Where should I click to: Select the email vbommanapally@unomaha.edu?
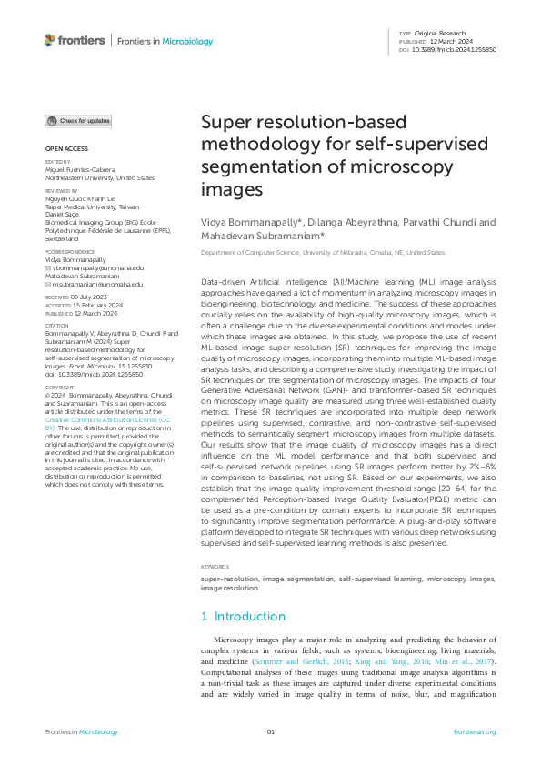pos(97,267)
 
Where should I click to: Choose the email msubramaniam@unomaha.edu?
pos(97,284)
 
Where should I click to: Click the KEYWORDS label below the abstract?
pos(215,566)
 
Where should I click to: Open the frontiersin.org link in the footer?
pos(474,731)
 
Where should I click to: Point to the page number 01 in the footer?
pos(270,731)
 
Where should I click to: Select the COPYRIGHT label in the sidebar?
pos(61,387)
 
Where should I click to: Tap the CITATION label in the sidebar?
pos(57,324)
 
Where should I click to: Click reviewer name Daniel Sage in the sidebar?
pos(65,215)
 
